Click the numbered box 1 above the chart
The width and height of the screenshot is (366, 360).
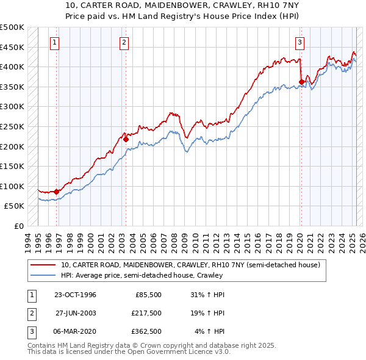[55, 42]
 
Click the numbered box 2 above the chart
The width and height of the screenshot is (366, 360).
[124, 42]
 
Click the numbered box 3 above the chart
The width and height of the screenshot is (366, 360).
[300, 42]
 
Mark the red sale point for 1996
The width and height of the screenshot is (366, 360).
[57, 192]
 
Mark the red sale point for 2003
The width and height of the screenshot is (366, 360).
[126, 139]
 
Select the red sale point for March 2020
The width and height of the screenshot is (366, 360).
[301, 82]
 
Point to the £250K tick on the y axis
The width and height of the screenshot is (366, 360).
[12, 126]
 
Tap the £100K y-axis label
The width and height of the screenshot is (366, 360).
[12, 186]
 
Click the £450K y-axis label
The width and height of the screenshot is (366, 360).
[12, 47]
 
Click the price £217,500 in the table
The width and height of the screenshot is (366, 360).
[146, 313]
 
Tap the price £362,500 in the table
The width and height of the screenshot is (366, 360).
[146, 332]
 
